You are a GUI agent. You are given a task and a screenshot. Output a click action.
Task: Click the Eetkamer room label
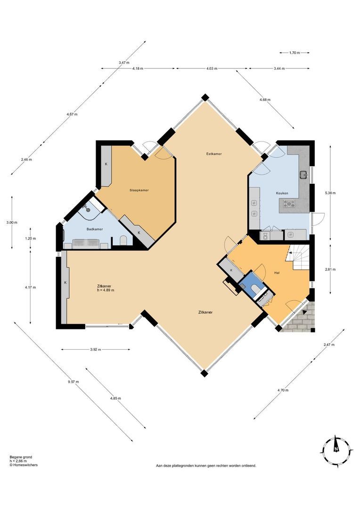tap(214, 154)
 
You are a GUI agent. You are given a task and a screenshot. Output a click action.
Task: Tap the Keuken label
tap(282, 193)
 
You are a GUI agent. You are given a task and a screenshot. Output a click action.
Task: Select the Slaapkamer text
tap(139, 190)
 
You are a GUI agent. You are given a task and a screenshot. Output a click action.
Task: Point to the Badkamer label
tap(95, 229)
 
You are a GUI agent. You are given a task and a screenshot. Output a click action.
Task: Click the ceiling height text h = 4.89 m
tap(106, 290)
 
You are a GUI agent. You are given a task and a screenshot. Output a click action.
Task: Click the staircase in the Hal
tap(299, 258)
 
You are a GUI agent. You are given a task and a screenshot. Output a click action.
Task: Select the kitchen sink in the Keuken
tap(303, 174)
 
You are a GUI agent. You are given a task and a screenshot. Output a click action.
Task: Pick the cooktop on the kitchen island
tap(289, 204)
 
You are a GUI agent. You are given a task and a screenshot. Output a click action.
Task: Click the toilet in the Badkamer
tap(123, 240)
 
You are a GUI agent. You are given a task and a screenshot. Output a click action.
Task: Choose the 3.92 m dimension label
tap(96, 350)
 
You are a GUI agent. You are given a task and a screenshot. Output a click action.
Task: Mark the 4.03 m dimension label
tap(212, 69)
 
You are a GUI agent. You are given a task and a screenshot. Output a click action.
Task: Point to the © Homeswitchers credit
tap(24, 465)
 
